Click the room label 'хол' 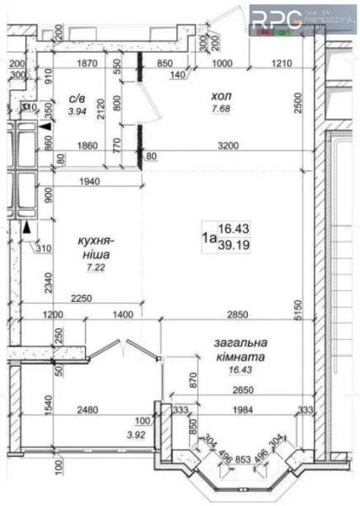point(222,97)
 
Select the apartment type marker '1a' point(207,237)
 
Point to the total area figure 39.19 point(232,245)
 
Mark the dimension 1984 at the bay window point(239,411)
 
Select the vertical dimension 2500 point(309,104)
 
